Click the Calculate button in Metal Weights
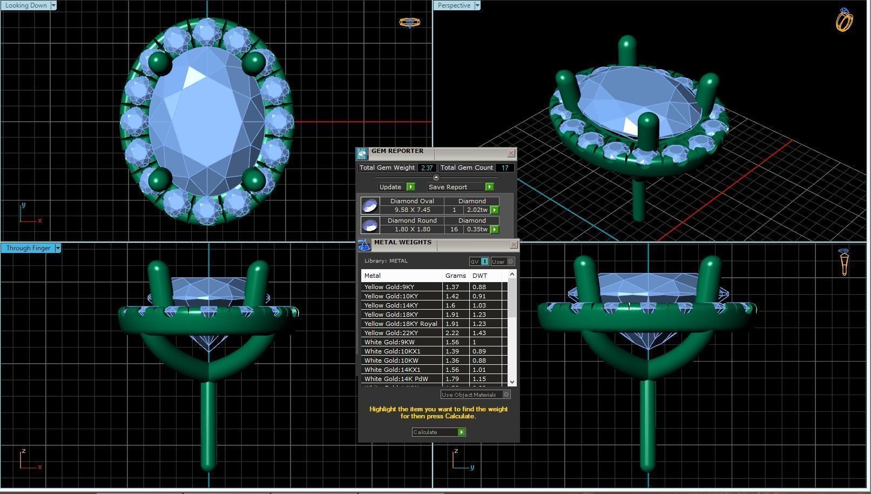click(438, 432)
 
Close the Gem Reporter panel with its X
click(511, 153)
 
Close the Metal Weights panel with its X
click(514, 245)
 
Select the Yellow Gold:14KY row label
click(391, 305)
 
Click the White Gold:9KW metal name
click(389, 342)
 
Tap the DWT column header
click(480, 276)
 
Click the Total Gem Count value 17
click(505, 168)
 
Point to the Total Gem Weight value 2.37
click(427, 168)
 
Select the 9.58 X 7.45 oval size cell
click(412, 210)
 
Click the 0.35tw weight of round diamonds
click(477, 229)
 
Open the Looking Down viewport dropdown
click(53, 5)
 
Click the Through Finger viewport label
click(28, 248)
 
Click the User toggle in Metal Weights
click(502, 262)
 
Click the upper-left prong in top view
click(159, 63)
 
